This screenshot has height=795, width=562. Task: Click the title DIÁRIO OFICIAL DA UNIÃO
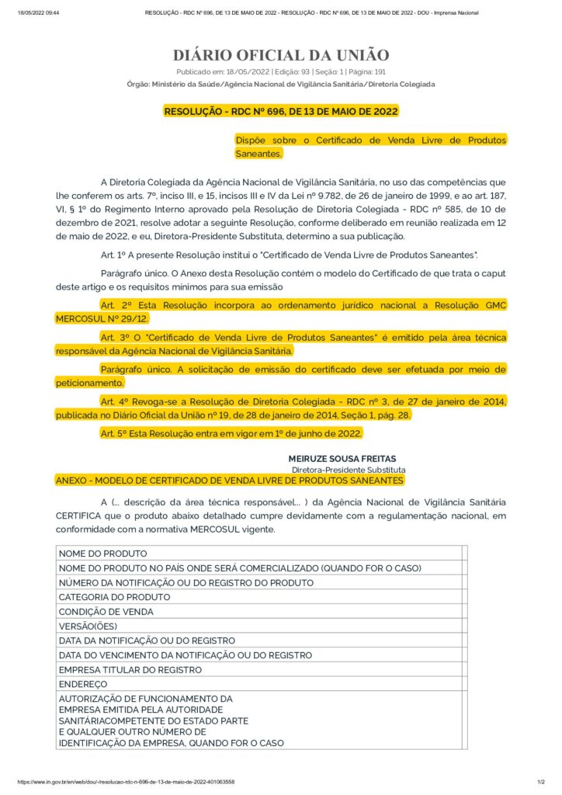[280, 55]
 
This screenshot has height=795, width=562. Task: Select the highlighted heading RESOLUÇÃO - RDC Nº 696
[280, 111]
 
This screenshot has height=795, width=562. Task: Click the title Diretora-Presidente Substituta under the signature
[348, 470]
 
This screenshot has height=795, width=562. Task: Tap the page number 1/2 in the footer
[540, 782]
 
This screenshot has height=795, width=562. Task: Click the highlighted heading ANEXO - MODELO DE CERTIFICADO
[230, 481]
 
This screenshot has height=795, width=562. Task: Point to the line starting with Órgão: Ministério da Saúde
[280, 84]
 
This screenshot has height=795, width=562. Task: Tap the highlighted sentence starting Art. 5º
[231, 432]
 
